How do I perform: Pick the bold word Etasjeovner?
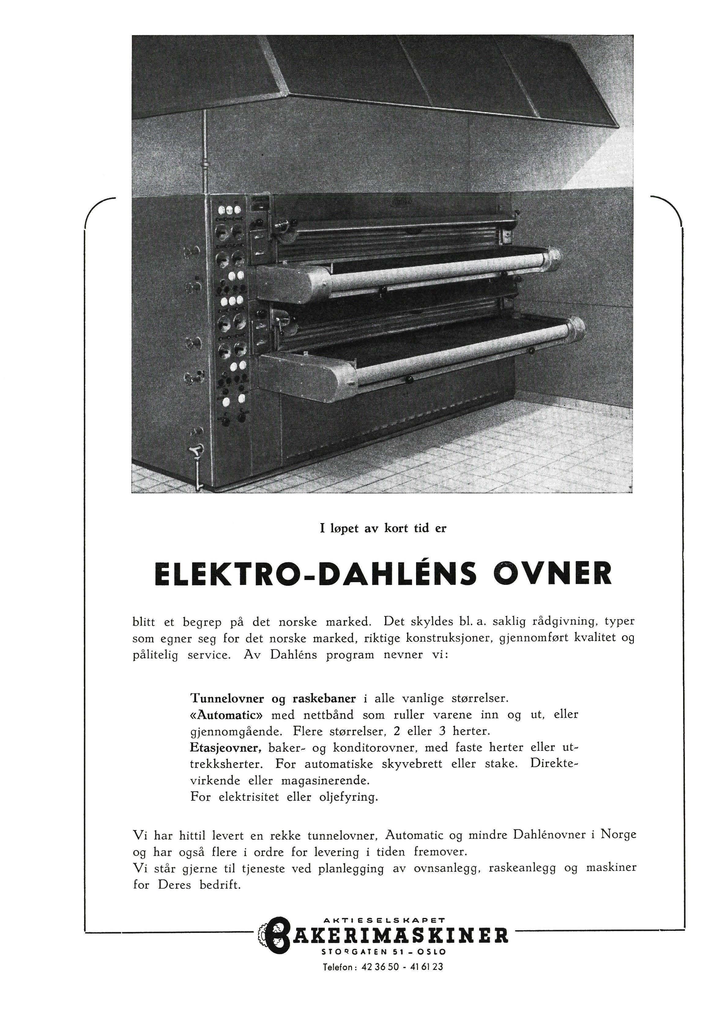coord(226,748)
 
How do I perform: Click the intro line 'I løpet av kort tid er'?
coord(383,529)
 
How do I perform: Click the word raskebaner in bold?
coord(324,699)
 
